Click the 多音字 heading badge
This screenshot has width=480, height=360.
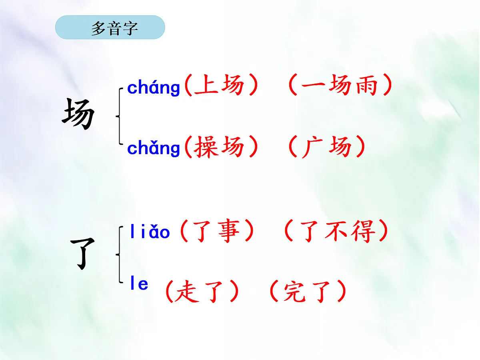pos(110,28)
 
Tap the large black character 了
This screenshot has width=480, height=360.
pos(83,253)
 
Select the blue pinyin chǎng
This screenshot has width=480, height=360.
pos(154,148)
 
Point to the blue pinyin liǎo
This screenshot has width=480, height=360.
pos(150,232)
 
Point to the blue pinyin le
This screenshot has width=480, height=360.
pos(139,284)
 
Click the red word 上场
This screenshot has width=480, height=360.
pos(218,86)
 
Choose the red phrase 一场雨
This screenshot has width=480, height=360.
pos(339,86)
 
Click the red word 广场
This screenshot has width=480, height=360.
pos(326,147)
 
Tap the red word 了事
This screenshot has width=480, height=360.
pos(216,232)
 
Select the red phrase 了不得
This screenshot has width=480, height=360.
pos(336,232)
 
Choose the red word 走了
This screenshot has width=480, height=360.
pos(202,292)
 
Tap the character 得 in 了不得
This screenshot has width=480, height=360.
pos(364,232)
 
